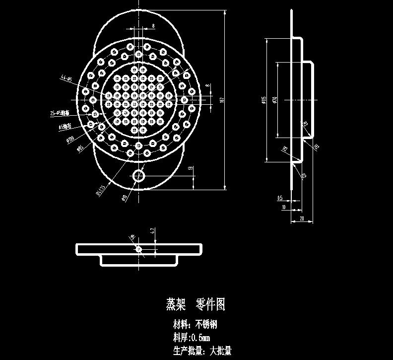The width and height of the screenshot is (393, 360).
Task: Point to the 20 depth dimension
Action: tap(302, 219)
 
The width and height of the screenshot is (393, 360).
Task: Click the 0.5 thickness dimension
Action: tap(280, 198)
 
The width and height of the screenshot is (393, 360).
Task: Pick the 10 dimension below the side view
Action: tap(284, 207)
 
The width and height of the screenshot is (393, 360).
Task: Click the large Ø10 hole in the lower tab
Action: tap(139, 176)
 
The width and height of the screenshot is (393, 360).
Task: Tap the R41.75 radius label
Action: tap(100, 190)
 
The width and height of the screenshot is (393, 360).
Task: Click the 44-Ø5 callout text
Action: tap(66, 78)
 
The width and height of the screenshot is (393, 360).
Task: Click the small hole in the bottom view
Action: tap(139, 248)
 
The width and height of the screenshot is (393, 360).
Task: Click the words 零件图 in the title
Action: tap(211, 304)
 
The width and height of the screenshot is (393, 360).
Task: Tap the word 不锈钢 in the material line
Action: tap(206, 325)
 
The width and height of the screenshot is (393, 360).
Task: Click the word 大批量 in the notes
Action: tap(220, 351)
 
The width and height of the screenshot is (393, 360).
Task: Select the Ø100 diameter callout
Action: tap(70, 139)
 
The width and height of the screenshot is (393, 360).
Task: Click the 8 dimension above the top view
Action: tap(153, 25)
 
